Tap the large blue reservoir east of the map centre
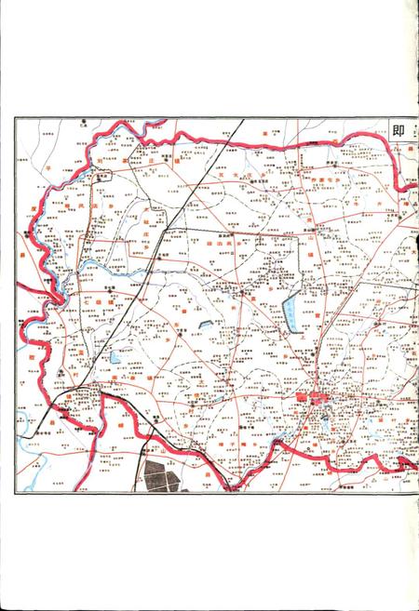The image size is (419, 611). point(292,311)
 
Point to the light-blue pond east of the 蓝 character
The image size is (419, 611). point(114,356)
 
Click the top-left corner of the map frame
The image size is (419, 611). point(15,118)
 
